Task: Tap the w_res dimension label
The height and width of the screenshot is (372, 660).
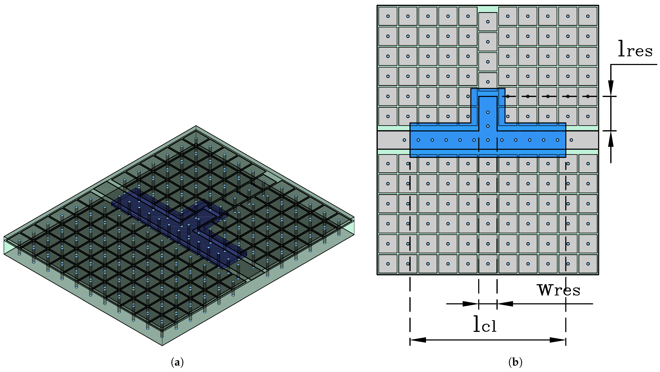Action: point(558,290)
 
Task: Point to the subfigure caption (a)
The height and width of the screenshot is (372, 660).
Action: point(177,362)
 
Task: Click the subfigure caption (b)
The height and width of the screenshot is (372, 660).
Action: point(515,362)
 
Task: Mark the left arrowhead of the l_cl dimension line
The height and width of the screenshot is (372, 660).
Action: point(418,340)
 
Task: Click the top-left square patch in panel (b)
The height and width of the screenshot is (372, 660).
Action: point(388,16)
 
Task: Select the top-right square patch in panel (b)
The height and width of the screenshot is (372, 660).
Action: point(588,16)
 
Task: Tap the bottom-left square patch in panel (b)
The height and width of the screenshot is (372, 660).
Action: point(388,264)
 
